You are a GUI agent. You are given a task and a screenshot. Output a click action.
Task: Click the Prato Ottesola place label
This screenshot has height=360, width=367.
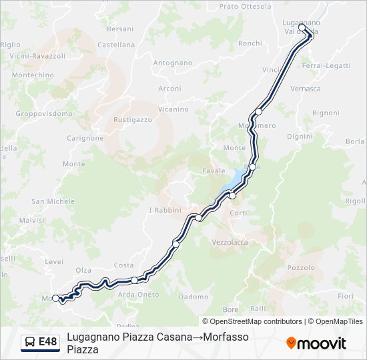tap(245, 7)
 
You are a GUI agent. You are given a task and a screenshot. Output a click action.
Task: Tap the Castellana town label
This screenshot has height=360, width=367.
tap(116, 45)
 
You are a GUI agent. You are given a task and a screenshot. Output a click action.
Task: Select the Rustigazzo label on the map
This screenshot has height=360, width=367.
tap(133, 120)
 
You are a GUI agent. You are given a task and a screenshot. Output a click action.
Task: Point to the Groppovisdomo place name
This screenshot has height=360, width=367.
tap(44, 113)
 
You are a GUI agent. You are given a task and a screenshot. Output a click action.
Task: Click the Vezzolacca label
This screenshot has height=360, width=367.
tap(229, 242)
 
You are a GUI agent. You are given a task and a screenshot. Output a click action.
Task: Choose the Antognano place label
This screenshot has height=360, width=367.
tap(173, 63)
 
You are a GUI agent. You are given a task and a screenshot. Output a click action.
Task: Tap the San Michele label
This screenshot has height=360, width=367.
tap(53, 201)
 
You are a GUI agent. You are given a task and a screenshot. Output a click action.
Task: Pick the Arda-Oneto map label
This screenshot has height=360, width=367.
tap(138, 295)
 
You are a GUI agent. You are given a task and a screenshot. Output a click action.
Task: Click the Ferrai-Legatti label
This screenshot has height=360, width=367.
tap(326, 65)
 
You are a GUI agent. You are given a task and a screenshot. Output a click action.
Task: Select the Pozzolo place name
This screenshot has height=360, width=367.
tap(300, 267)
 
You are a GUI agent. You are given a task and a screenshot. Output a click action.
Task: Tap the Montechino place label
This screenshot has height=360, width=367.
tap(33, 75)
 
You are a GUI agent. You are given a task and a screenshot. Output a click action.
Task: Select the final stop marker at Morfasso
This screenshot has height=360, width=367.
tap(56, 298)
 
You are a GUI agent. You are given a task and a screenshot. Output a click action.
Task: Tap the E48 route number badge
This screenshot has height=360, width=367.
tap(47, 342)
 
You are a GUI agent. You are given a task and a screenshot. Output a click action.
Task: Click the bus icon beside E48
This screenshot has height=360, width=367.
tap(30, 342)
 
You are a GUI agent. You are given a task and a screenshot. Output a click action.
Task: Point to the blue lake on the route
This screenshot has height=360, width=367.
tap(232, 182)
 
